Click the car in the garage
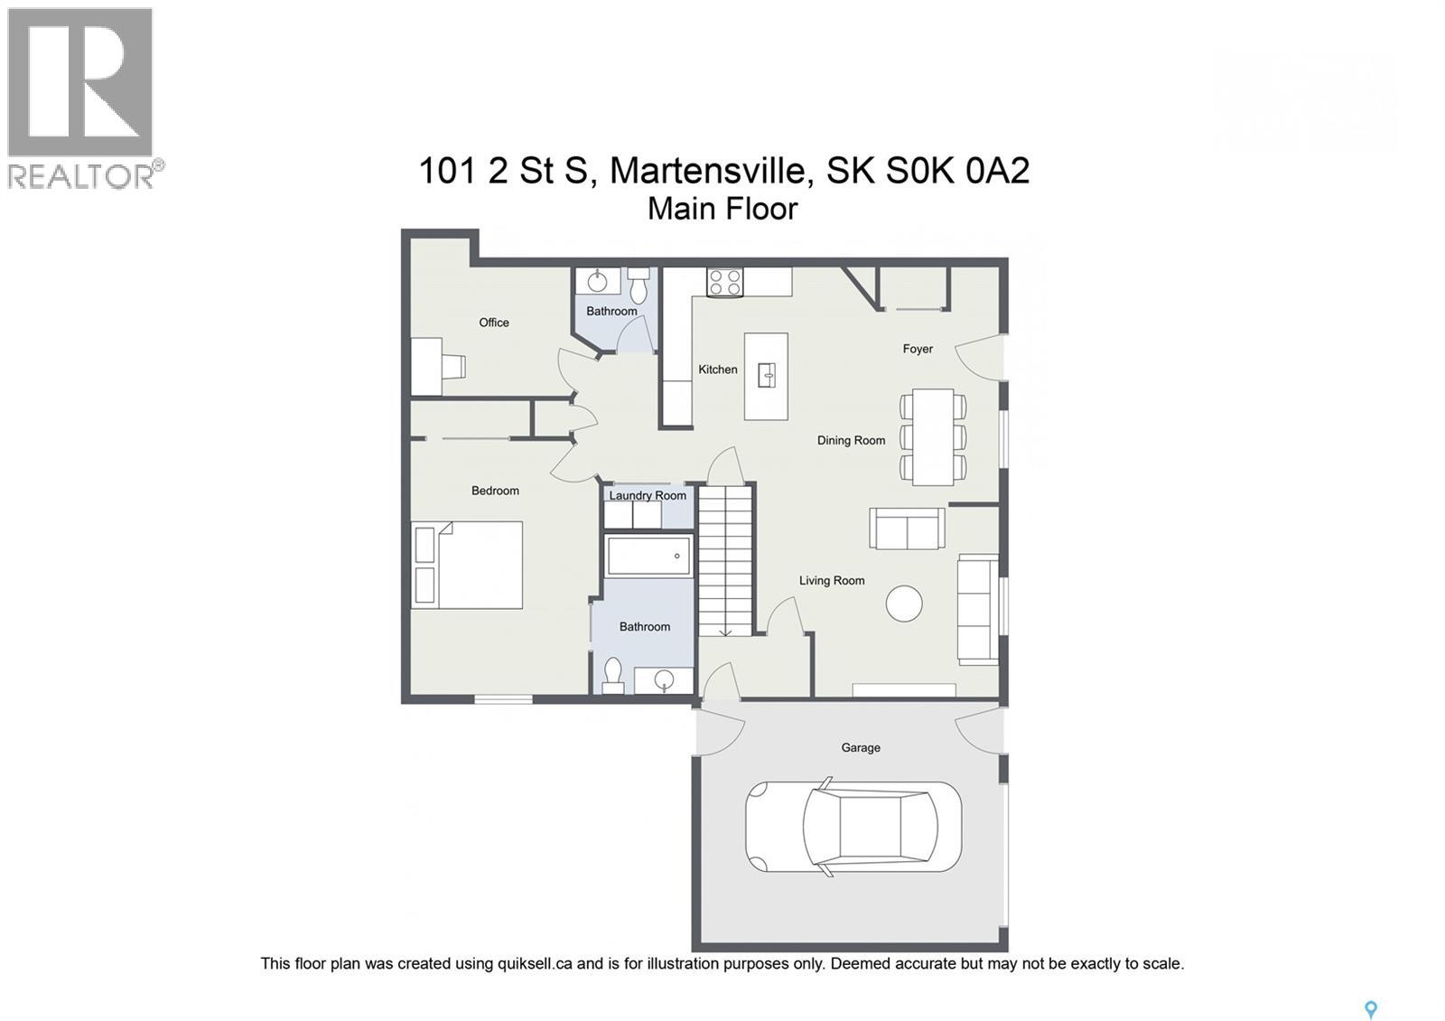[x=853, y=826]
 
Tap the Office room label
[x=494, y=323]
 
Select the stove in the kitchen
[x=724, y=282]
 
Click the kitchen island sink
[x=766, y=375]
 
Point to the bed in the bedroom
[x=468, y=565]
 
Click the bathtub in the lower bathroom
[x=649, y=556]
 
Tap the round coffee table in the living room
[x=904, y=603]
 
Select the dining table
[x=933, y=436]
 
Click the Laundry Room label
[x=648, y=495]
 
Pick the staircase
[x=726, y=560]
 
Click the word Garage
[x=861, y=747]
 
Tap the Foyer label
[x=918, y=349]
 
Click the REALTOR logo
[x=82, y=98]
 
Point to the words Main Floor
[x=722, y=209]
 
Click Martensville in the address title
[x=707, y=171]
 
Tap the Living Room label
[x=832, y=581]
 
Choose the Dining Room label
[x=851, y=441]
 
